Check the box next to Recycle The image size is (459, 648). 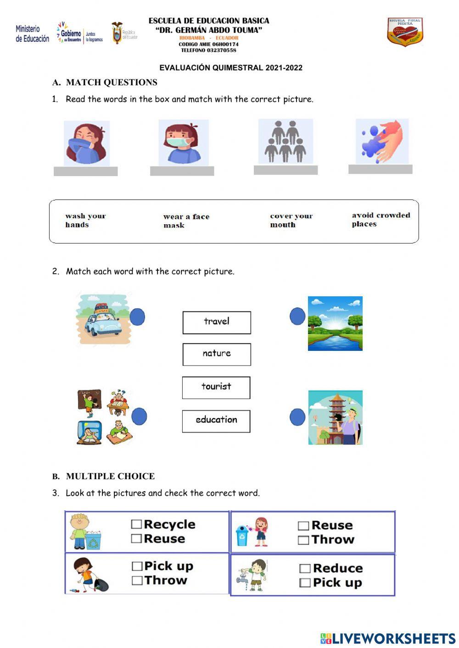(136, 524)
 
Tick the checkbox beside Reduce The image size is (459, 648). (305, 569)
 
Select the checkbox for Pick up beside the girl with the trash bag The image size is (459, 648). (137, 566)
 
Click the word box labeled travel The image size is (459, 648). (217, 322)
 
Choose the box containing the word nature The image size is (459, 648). (217, 354)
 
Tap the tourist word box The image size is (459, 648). (216, 388)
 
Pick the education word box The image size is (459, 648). (216, 421)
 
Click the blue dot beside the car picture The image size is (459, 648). (137, 317)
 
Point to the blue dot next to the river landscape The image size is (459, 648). (297, 316)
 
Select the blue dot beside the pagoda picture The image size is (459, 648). (297, 417)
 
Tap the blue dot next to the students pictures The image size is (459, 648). (139, 416)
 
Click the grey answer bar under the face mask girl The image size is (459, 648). (182, 171)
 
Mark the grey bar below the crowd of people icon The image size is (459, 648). (285, 170)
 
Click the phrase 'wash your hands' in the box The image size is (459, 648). (85, 220)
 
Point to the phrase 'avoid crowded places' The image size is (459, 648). (381, 220)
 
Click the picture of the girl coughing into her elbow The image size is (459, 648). (87, 143)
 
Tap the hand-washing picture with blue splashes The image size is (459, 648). (382, 141)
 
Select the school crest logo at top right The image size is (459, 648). (405, 32)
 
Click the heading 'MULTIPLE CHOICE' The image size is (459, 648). (110, 476)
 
